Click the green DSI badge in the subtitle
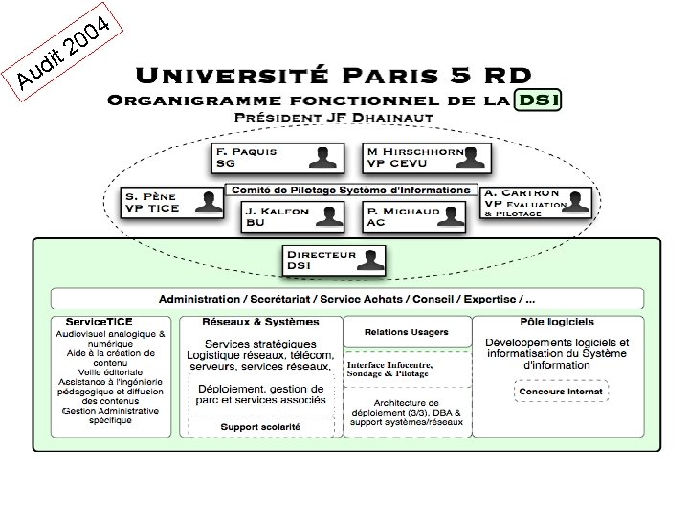coord(537,99)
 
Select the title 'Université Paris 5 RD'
coord(334,74)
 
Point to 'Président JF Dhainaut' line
coord(334,117)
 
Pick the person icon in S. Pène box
coord(207,201)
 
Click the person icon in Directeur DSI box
coord(372,258)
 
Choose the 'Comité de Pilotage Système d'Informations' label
coord(349,190)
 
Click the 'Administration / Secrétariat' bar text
coord(345,299)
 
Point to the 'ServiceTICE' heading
coord(100,322)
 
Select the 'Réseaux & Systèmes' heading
coord(261,322)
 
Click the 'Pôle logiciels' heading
coord(557,322)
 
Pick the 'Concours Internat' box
coord(560,392)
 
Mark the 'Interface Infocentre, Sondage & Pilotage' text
coord(390,371)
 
